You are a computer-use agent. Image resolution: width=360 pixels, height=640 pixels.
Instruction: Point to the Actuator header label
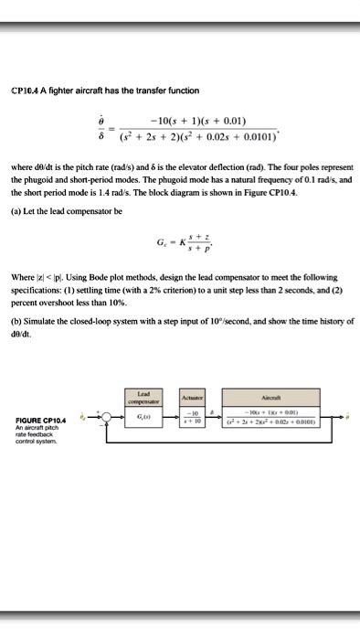(191, 398)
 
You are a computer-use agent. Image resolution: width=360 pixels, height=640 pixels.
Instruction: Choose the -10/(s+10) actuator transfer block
(191, 418)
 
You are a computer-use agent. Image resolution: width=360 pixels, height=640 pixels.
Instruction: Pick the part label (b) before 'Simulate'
(16, 322)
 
